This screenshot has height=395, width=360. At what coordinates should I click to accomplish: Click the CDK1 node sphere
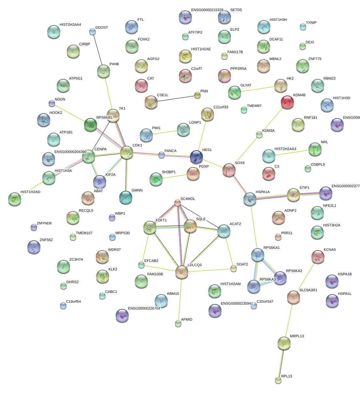point(126,152)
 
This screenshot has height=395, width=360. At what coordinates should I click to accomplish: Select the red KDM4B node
point(287,102)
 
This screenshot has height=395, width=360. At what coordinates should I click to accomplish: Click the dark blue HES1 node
point(196,157)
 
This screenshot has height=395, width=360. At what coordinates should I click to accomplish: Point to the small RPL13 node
point(278,380)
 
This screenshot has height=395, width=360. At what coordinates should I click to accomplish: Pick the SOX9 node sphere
point(229,170)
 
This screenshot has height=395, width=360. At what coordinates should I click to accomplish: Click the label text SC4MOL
point(188,199)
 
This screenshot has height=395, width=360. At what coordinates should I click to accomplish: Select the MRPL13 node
point(284,343)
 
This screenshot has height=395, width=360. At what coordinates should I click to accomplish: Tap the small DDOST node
point(93,32)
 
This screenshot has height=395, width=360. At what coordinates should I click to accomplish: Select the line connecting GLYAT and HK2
point(257,89)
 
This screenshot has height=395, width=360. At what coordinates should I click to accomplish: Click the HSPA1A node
point(250,199)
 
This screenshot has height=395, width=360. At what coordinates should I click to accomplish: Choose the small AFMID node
point(178,324)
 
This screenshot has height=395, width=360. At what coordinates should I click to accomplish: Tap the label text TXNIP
point(311,23)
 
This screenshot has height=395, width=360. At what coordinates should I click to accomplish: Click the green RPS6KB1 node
point(91,125)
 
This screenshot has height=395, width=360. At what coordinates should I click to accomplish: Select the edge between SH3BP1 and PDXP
point(175,176)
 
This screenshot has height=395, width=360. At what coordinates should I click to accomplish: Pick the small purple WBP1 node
point(112,218)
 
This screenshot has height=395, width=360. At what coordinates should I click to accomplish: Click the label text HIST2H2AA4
point(70,25)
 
